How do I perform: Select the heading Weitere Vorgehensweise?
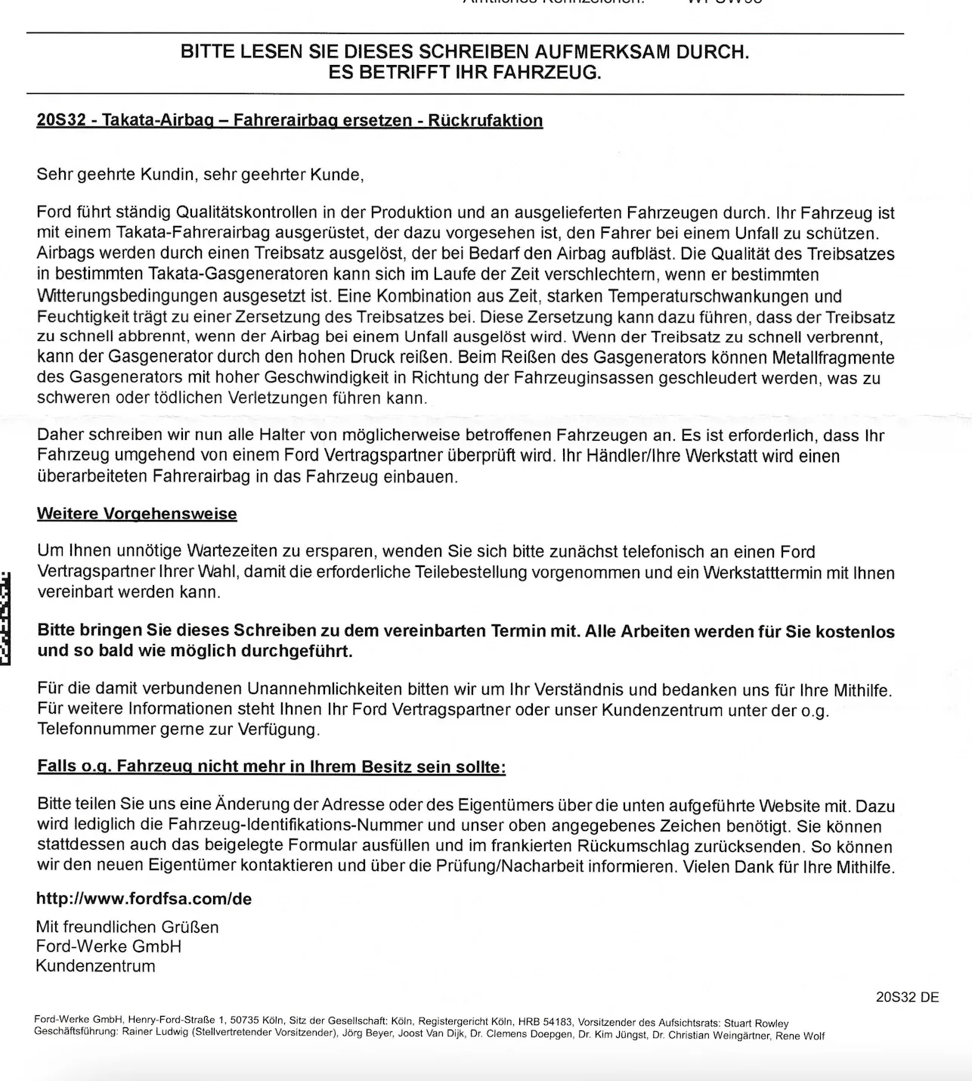click(x=137, y=514)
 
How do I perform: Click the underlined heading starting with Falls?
click(x=271, y=767)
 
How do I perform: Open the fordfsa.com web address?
click(x=144, y=900)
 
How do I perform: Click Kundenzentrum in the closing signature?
click(x=95, y=966)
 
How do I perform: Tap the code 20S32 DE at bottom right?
click(x=907, y=997)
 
